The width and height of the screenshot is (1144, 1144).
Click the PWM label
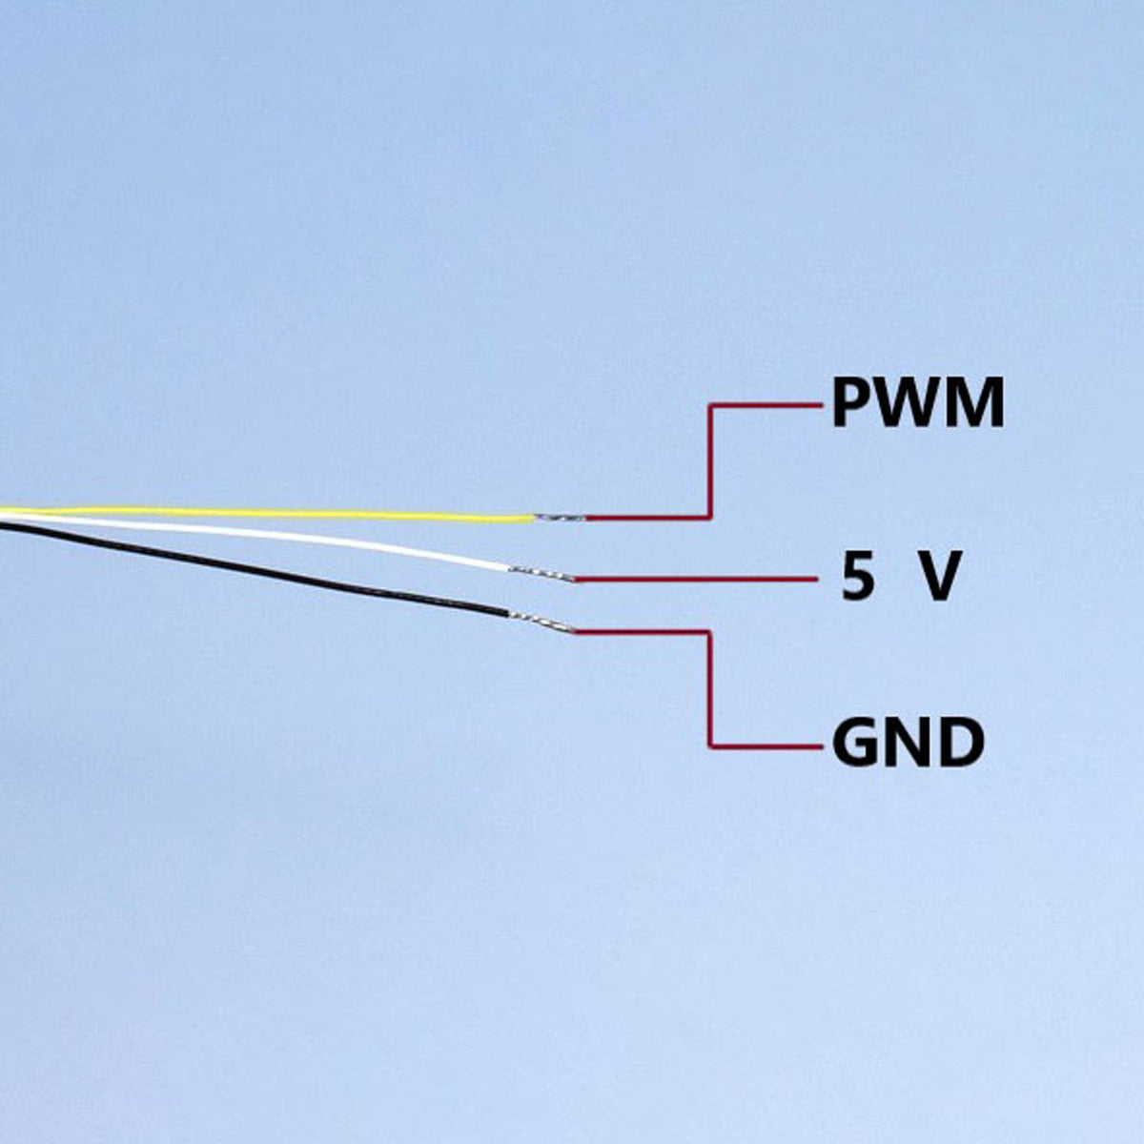pos(918,403)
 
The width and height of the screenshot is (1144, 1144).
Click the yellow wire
pos(267,514)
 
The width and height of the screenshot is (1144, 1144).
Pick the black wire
pos(255,569)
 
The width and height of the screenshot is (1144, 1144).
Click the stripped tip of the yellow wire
pos(560,519)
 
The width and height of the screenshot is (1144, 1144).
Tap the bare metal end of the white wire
pos(542,574)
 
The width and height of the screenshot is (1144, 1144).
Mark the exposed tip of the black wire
pos(541,622)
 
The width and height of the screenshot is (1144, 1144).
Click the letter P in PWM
pos(850,403)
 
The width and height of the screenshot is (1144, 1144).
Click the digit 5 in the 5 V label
pos(858,576)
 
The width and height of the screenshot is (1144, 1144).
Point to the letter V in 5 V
pos(937,576)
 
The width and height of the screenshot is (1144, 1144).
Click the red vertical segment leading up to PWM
pos(710,461)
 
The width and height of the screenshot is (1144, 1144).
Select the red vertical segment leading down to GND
pos(709,688)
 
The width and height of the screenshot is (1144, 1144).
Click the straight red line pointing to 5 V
pos(696,579)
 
